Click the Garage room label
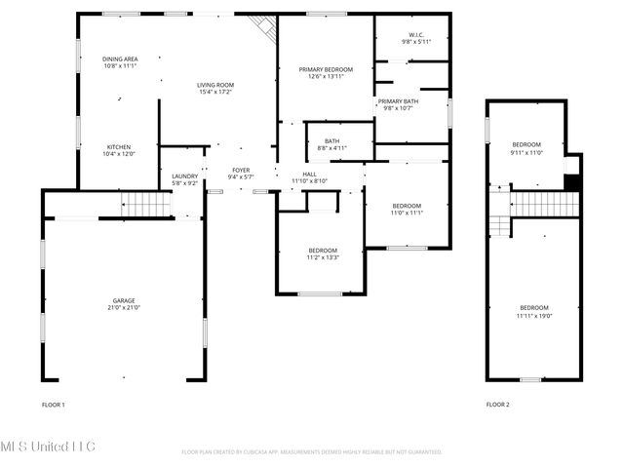124,300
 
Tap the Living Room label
216,86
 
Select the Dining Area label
120,59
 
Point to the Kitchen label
119,147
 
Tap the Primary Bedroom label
326,71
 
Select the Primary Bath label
398,101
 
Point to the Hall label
309,174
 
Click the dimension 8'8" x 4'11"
332,149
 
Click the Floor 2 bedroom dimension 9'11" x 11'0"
526,152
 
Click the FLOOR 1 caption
53,404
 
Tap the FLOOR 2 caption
497,404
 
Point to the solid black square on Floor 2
573,182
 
